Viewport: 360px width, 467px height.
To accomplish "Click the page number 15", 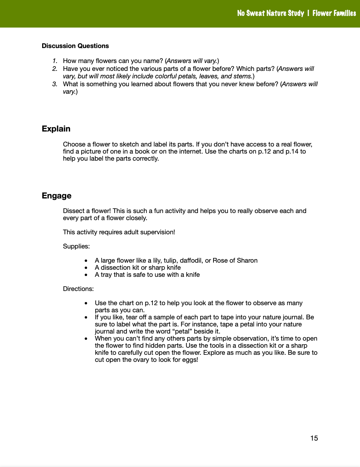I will pyautogui.click(x=314, y=438).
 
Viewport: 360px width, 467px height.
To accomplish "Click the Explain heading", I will pyautogui.click(x=56, y=129).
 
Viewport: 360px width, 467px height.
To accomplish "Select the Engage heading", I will pyautogui.click(x=56, y=196).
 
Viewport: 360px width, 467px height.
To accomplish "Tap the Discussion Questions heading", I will pyautogui.click(x=75, y=46).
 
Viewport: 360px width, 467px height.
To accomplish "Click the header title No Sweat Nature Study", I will pyautogui.click(x=270, y=13).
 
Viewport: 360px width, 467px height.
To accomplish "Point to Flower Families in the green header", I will pyautogui.click(x=334, y=13).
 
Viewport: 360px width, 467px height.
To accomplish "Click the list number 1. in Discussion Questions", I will pyautogui.click(x=55, y=61).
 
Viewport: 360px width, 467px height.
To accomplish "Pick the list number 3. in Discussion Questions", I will pyautogui.click(x=55, y=84).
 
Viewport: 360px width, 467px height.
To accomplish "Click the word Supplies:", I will pyautogui.click(x=76, y=246).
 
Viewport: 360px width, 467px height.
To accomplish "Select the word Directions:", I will pyautogui.click(x=78, y=289).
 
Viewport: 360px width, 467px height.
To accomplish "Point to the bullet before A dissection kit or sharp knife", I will pyautogui.click(x=86, y=268).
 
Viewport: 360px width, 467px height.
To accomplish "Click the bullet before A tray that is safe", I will pyautogui.click(x=86, y=275).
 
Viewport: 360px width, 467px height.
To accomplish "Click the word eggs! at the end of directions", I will pyautogui.click(x=190, y=360).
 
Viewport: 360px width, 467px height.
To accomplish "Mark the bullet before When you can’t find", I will pyautogui.click(x=86, y=339).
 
